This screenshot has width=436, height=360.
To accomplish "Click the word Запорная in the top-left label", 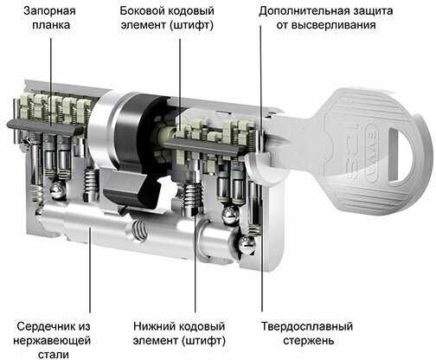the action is pyautogui.click(x=49, y=11).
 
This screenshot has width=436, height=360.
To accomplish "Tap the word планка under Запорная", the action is pyautogui.click(x=51, y=25).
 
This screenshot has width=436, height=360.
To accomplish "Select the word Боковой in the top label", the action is pyautogui.click(x=142, y=11).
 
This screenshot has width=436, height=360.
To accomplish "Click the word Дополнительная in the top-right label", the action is pyautogui.click(x=303, y=11).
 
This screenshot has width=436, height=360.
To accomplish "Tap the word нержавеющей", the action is pyautogui.click(x=52, y=341).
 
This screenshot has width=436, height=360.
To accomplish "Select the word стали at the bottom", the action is pyautogui.click(x=54, y=354).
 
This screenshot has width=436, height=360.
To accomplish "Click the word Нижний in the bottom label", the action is pyautogui.click(x=153, y=327).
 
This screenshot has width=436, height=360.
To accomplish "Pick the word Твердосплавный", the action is pyautogui.click(x=307, y=327).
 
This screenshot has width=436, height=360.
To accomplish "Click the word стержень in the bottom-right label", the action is pyautogui.click(x=309, y=341).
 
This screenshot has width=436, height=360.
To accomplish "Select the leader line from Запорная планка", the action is pyautogui.click(x=51, y=83).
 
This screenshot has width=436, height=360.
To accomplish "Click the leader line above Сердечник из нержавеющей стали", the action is pyautogui.click(x=90, y=270).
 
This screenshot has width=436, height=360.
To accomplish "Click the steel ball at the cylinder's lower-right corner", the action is pyautogui.click(x=247, y=245).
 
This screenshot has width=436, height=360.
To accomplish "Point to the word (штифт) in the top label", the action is pyautogui.click(x=192, y=25).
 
